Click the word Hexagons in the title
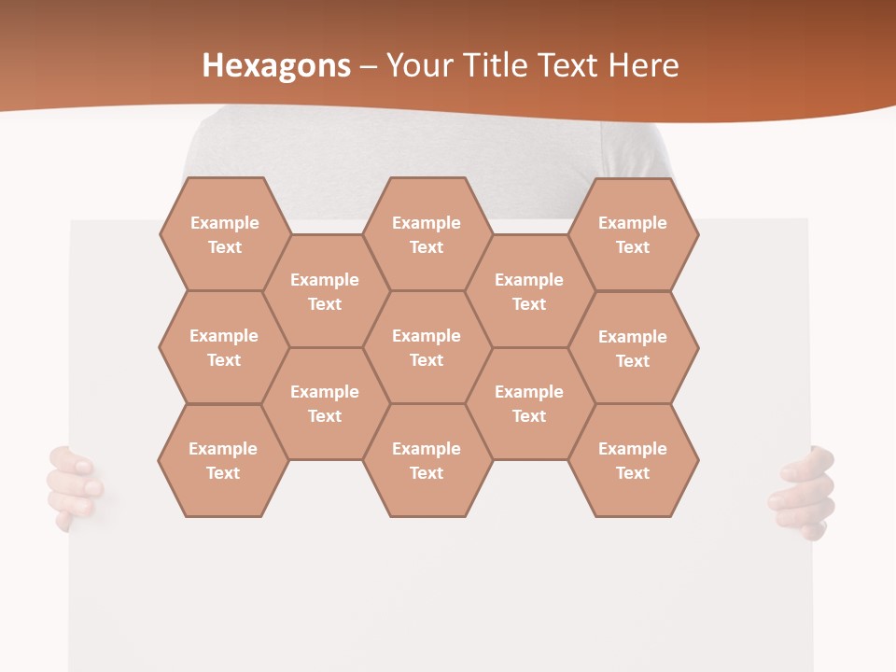(276, 65)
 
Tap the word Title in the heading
(505, 65)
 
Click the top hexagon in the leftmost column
(224, 234)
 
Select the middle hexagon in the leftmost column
(224, 347)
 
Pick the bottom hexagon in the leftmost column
(223, 460)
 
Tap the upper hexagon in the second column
(325, 291)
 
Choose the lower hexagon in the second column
(325, 403)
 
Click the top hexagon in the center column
(427, 234)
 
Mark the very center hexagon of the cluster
(427, 347)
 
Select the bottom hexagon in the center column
(427, 460)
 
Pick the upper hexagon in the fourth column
(529, 291)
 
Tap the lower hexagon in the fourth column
(529, 403)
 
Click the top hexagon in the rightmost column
(633, 234)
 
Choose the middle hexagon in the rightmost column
(633, 348)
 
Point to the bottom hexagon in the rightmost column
(633, 460)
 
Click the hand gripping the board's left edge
(75, 485)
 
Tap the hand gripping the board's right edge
(803, 492)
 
